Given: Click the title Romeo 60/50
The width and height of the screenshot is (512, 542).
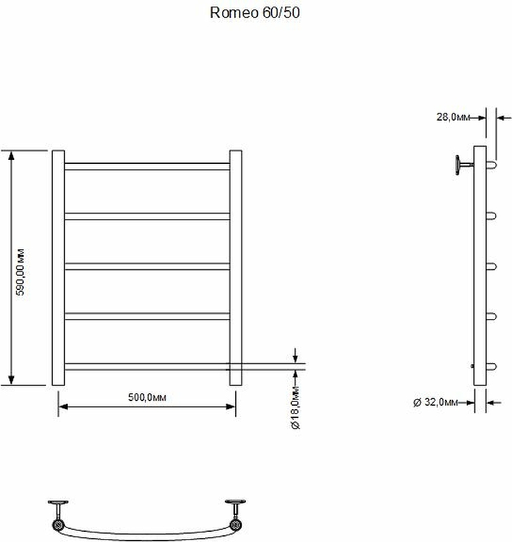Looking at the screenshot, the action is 255,13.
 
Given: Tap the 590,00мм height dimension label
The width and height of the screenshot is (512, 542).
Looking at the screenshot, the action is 21,272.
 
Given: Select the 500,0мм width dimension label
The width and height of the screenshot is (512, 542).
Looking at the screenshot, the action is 147,398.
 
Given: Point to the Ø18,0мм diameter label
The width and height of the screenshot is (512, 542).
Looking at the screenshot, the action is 296,409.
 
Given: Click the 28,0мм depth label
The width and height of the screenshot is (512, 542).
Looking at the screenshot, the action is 453,117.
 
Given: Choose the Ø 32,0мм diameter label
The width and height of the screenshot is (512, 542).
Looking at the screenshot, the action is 435,402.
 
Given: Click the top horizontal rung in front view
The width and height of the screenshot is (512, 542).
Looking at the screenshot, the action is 147,166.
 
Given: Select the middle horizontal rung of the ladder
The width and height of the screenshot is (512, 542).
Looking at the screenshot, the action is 147,266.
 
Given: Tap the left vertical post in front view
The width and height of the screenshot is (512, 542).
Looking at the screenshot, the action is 58,268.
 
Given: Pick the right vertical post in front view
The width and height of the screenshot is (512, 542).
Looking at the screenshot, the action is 236,268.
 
